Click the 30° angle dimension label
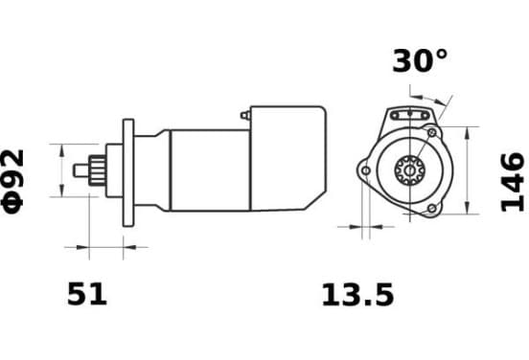[x=420, y=61]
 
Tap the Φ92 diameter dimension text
[x=13, y=181]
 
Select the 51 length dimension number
[x=87, y=294]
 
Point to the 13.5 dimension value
[x=357, y=295]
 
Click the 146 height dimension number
[x=513, y=182]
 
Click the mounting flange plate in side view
[x=128, y=172]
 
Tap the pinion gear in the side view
[x=97, y=170]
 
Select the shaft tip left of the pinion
[x=80, y=170]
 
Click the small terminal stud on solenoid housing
[x=245, y=115]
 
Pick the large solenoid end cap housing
[x=287, y=158]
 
